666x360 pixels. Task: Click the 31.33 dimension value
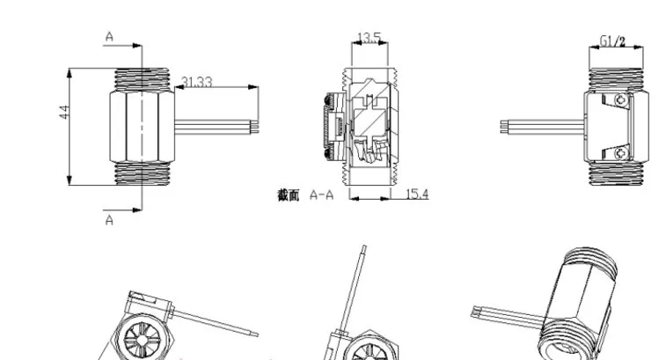click(x=197, y=82)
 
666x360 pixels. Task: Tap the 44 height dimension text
click(x=64, y=112)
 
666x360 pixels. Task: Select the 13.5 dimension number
click(x=370, y=37)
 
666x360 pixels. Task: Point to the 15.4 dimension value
click(x=418, y=195)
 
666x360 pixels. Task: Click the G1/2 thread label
click(x=612, y=41)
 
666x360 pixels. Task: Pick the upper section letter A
click(x=109, y=37)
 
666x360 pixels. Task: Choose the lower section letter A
click(x=109, y=220)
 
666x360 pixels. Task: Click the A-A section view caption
click(x=321, y=195)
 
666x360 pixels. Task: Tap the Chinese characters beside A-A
click(x=289, y=195)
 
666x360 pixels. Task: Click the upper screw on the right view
click(x=621, y=100)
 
